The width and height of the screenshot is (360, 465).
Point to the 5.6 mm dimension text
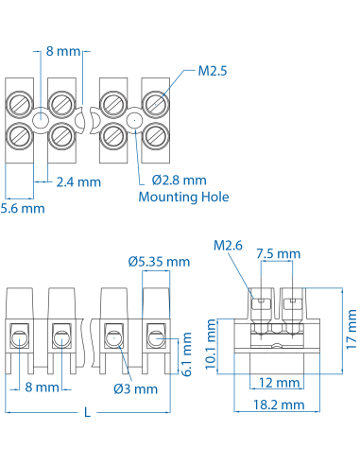coord(22,207)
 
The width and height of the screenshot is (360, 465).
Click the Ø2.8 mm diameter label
coord(179,181)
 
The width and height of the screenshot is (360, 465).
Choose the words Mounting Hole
coord(184,198)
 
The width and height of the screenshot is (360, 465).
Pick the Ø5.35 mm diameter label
coord(159,261)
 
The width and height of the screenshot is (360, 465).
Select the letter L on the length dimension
coord(87,412)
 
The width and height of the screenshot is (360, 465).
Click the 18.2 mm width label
coord(281,404)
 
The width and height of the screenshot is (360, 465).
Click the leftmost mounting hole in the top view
coord(41,120)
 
